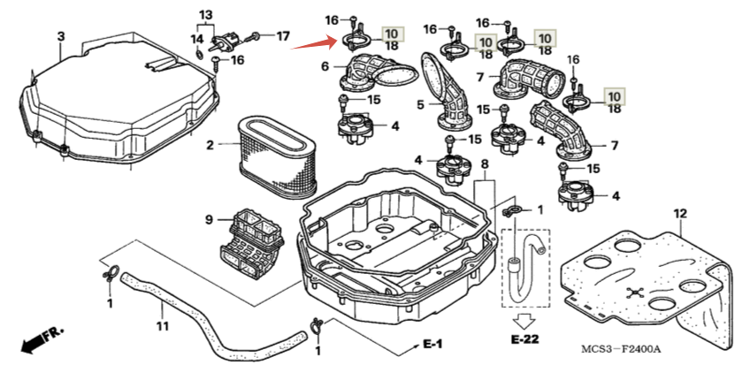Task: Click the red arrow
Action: [313, 42]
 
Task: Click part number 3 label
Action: [60, 36]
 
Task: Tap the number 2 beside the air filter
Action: [210, 144]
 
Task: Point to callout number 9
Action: [210, 219]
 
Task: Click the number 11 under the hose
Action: [162, 311]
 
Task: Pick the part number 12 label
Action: [679, 214]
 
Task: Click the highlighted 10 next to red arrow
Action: [391, 33]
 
